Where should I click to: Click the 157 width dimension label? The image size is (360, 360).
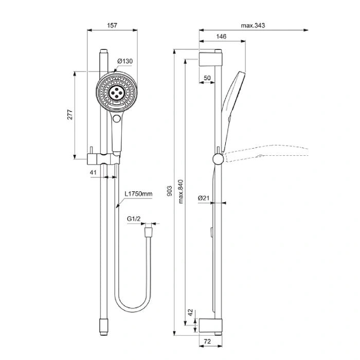[112, 25]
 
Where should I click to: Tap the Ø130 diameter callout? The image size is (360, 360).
[125, 61]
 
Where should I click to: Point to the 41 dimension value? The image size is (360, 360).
[93, 172]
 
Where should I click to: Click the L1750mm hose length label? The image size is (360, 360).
[139, 194]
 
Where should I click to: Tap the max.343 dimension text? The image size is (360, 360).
[256, 25]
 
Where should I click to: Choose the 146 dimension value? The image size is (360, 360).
[222, 37]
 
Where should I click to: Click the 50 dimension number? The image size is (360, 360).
[207, 77]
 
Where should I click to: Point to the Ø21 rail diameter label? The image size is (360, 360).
[203, 197]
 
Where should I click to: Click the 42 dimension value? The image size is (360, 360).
[190, 312]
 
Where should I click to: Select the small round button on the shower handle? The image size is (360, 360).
[117, 119]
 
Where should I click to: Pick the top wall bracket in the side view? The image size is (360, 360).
[210, 56]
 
